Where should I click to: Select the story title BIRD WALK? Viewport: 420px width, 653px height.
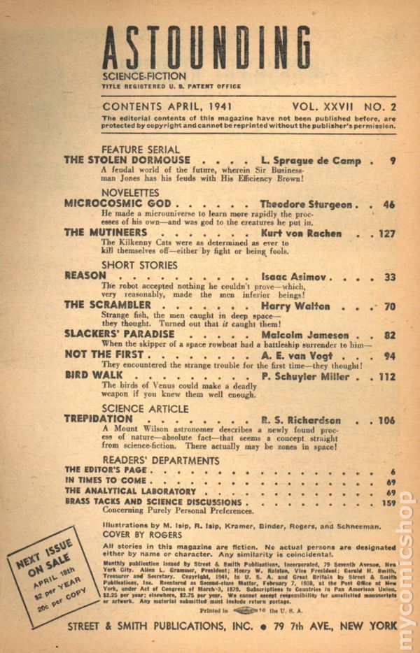(93, 375)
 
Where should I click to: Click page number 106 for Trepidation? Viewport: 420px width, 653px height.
(384, 420)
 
